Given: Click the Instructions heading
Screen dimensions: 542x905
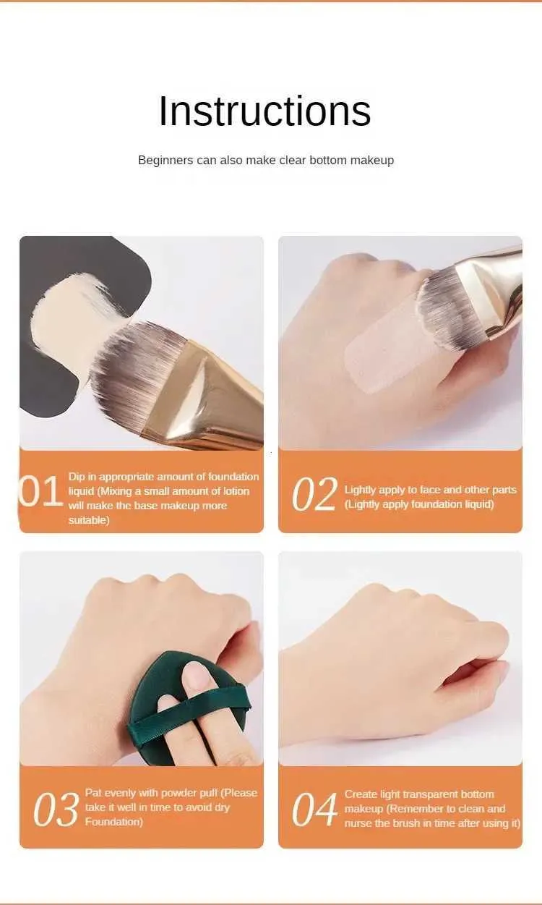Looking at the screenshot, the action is [x=264, y=111].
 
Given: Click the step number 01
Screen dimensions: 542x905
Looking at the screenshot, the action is [x=40, y=492].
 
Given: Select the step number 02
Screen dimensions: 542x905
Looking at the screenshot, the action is [x=314, y=493].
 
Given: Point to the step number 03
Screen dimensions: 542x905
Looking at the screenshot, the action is [x=56, y=810].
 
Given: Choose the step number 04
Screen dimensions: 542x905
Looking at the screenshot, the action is [x=314, y=810].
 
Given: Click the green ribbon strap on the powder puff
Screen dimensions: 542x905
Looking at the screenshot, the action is [x=189, y=714].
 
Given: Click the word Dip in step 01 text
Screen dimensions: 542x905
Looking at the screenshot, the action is [x=77, y=477].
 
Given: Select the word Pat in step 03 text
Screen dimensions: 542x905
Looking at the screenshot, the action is [x=93, y=793].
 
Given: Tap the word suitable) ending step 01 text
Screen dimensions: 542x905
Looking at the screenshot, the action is [x=89, y=520].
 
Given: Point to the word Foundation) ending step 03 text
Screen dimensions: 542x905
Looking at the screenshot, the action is [x=113, y=822].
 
